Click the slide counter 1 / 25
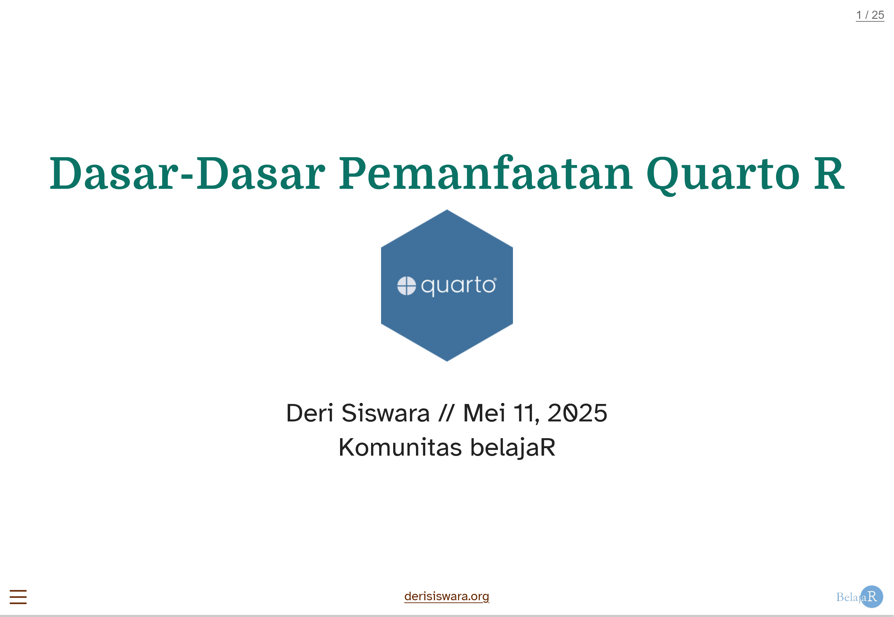870,15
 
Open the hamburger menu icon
18,597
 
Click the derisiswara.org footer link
446,596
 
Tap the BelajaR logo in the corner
859,596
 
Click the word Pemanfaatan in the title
485,173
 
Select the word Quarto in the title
723,175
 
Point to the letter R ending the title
829,173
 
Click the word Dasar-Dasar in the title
187,173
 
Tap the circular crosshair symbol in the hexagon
406,286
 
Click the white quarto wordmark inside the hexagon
458,286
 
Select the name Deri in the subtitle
309,413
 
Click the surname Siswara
386,413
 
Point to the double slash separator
446,413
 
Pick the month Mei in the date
484,413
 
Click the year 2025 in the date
577,413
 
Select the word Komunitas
400,447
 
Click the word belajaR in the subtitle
513,448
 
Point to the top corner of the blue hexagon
447,210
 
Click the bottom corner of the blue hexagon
447,361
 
